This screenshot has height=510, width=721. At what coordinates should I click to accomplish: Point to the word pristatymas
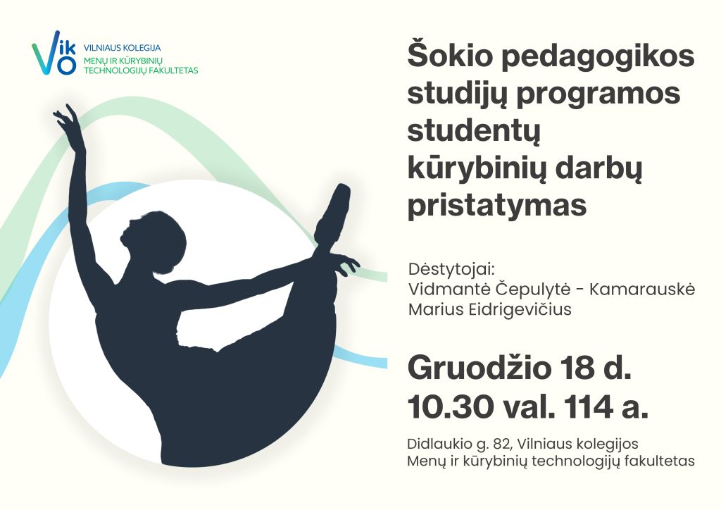pyautogui.click(x=497, y=205)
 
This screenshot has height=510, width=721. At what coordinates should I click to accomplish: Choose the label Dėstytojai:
pyautogui.click(x=451, y=270)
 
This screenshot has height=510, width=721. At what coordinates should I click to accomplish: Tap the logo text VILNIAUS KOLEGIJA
pyautogui.click(x=122, y=48)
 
